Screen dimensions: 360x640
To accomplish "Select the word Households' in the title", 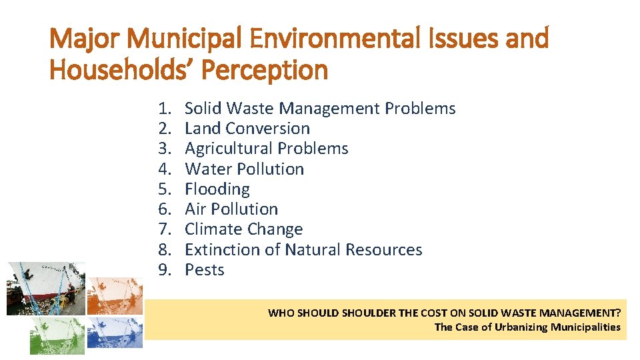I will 123,69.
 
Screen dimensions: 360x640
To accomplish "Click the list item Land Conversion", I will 247,128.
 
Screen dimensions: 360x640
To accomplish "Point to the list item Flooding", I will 217,189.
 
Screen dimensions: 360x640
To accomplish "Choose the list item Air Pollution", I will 231,209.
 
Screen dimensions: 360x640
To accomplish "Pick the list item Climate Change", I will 243,229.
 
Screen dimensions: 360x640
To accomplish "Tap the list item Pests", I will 204,269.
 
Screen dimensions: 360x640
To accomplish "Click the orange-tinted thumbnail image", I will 115,295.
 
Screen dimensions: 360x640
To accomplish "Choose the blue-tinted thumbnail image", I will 115,332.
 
